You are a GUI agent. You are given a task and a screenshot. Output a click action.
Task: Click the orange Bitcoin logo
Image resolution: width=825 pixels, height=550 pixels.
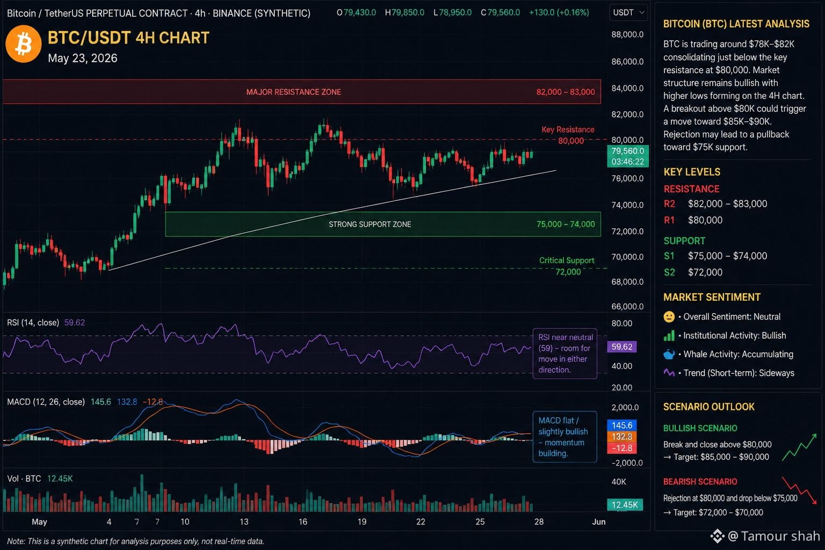coord(23,44)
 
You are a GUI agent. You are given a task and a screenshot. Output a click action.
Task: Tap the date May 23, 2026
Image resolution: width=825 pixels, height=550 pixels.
coord(83,58)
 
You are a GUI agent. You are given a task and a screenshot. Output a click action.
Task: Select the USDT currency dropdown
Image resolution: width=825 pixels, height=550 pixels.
coord(628,12)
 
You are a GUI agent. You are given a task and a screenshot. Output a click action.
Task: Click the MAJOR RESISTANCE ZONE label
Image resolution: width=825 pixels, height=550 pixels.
coord(294,92)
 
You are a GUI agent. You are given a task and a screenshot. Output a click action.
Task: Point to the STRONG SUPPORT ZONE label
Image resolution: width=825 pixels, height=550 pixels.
coord(370,225)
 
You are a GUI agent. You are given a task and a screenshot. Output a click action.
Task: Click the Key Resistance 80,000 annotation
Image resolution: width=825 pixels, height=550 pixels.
coord(569,135)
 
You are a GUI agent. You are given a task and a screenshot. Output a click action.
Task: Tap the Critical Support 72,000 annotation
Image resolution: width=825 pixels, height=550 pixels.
coord(567,266)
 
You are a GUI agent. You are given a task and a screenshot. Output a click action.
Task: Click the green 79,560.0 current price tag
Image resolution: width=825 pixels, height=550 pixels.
coord(627,156)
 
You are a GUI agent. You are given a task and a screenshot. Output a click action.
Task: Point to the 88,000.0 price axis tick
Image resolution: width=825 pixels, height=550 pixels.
coord(627,34)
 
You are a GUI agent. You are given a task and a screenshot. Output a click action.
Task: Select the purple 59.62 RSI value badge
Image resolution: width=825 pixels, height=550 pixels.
coord(621,346)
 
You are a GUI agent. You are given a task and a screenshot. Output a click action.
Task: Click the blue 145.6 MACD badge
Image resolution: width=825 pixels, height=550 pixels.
coord(621,425)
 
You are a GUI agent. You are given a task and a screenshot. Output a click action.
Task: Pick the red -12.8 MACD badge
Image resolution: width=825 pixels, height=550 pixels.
coord(621,448)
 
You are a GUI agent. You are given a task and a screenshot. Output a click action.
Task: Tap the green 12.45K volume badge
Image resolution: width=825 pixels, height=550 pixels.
coord(625,505)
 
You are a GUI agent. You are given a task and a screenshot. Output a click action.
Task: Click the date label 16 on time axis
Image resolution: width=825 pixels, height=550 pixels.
coord(303,522)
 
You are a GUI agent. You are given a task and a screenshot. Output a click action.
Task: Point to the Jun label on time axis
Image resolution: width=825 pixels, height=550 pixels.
coord(599,522)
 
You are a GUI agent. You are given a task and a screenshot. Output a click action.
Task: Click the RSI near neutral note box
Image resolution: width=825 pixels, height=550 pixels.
coord(565,353)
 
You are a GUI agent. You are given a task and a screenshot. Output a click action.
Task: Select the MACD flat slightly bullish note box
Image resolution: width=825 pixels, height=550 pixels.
coord(565,437)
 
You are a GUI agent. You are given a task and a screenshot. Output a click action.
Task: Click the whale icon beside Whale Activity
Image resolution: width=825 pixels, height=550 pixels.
coord(669,354)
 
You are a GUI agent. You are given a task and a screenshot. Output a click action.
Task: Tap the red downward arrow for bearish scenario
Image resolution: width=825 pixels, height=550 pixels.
coord(799,490)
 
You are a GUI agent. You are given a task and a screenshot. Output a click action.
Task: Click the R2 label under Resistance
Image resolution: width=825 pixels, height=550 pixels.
coord(669,204)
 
